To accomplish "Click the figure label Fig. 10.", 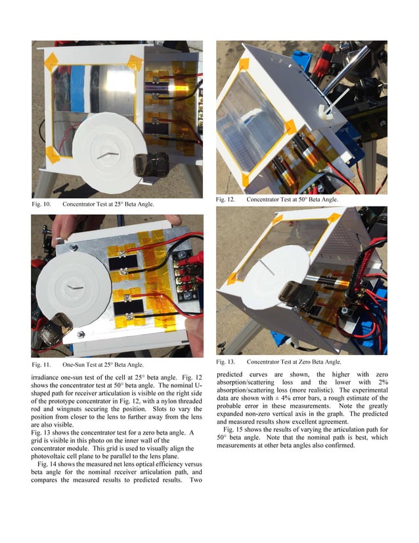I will coord(41,204).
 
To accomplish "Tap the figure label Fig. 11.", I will coord(41,364).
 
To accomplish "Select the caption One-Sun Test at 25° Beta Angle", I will coord(103,364).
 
